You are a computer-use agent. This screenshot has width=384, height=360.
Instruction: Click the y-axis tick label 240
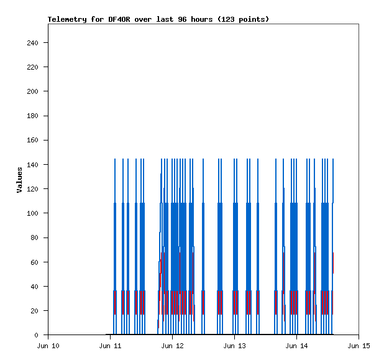tap(33, 43)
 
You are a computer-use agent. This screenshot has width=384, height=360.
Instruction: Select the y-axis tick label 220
tap(33, 67)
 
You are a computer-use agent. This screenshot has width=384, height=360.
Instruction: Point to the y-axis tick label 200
tap(33, 91)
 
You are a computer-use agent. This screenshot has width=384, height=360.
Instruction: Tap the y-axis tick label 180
tap(33, 116)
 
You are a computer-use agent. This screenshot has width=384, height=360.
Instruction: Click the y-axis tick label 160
tap(33, 141)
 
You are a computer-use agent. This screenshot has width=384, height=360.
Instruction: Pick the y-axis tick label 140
tap(33, 165)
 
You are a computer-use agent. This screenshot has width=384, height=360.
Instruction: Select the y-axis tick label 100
tap(33, 213)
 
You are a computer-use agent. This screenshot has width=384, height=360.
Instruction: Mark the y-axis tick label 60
tap(35, 262)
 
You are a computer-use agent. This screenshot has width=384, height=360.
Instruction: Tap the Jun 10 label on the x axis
tap(48, 346)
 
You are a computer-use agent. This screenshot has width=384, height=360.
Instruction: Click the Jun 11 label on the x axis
tap(111, 346)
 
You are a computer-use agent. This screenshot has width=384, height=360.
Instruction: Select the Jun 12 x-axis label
tap(173, 346)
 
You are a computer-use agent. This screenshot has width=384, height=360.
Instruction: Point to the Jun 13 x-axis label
tap(235, 346)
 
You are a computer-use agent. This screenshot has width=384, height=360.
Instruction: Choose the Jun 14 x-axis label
tap(297, 346)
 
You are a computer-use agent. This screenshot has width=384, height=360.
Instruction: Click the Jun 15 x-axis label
tap(359, 346)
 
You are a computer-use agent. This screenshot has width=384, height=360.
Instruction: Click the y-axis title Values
tap(19, 180)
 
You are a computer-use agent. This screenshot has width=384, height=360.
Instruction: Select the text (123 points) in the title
tap(243, 19)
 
